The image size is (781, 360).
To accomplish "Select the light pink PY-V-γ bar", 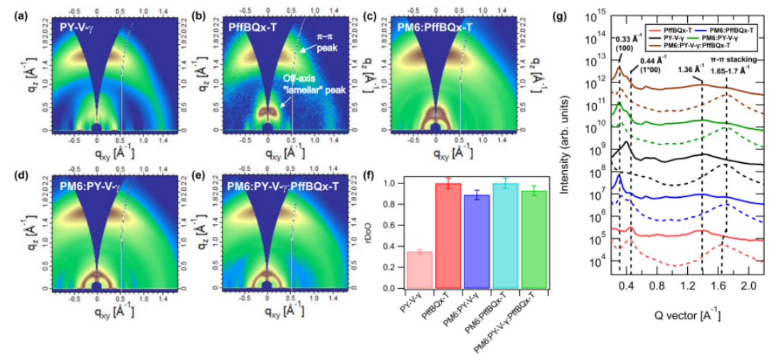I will tap(419, 270).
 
